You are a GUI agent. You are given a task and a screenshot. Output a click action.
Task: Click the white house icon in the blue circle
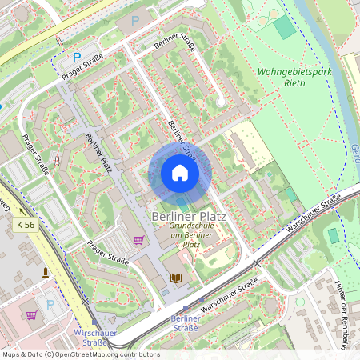coord(180,173)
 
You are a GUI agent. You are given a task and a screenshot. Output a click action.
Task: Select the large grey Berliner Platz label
coord(188,217)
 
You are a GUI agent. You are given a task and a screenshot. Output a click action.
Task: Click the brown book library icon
coord(177,278)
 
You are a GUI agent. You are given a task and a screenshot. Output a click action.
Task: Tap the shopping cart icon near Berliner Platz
coord(138,240)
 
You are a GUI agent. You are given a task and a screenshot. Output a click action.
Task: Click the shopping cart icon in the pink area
coord(31,315)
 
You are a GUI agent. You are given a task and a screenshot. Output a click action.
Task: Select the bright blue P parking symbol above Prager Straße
coord(77,58)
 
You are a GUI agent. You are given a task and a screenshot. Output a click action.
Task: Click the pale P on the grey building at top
coord(134,19)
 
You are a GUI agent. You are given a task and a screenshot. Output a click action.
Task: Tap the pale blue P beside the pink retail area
coord(50,303)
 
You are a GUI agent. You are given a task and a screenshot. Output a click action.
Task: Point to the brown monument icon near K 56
coord(45,272)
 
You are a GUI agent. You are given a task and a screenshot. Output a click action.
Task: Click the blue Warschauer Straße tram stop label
coord(95,336)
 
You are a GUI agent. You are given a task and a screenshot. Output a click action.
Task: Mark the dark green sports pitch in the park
coord(283,27)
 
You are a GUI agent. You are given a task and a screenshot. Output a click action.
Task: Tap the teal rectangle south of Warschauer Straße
coord(333,236)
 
